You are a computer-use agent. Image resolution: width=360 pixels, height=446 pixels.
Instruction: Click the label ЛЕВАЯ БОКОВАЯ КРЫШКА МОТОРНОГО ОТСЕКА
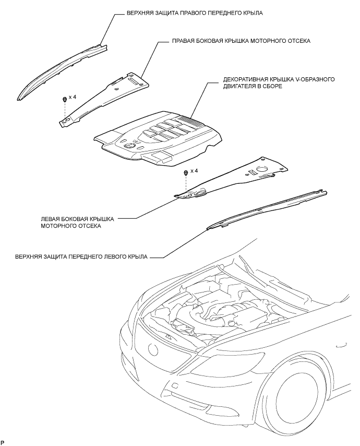click(77, 222)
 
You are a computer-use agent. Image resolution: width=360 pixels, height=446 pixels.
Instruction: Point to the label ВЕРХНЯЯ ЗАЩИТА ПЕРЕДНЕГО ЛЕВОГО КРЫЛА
click(75, 257)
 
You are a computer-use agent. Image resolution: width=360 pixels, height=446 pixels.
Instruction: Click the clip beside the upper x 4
click(64, 99)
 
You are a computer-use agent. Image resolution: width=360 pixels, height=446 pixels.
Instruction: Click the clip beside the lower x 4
click(186, 172)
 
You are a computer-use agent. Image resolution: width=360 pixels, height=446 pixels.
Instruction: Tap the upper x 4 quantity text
click(73, 98)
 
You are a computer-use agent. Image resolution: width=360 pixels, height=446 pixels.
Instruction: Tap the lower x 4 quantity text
click(195, 171)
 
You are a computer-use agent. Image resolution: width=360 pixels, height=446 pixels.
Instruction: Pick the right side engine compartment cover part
click(104, 99)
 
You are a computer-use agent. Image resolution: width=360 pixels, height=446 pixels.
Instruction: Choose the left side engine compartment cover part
click(235, 178)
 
